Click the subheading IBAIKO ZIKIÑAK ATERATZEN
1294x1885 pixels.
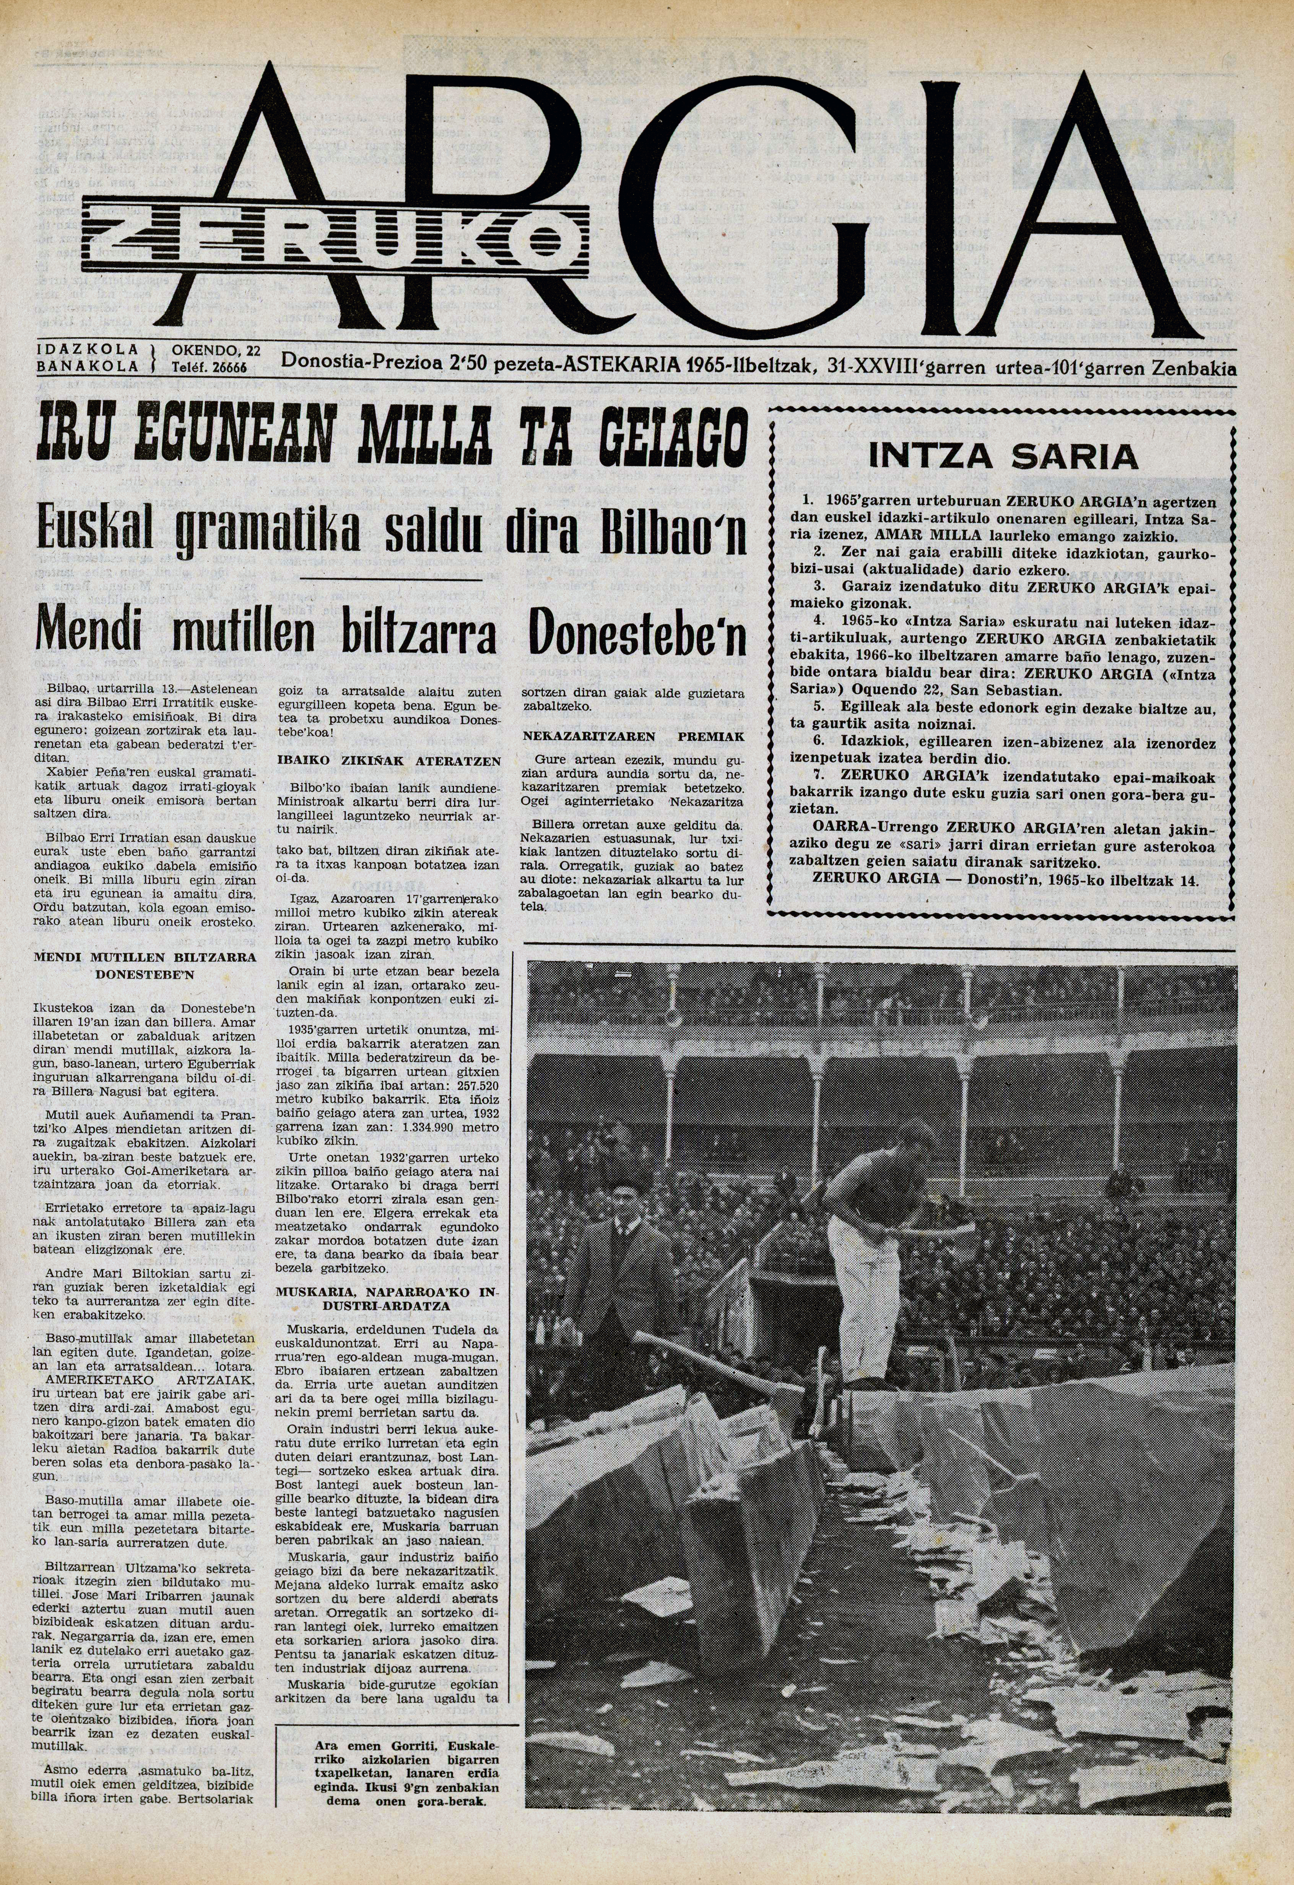pos(389,762)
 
